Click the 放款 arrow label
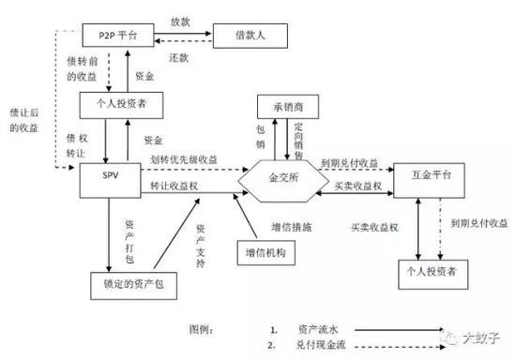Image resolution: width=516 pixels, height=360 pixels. pyautogui.click(x=180, y=21)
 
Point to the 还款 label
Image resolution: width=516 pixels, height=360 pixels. pyautogui.click(x=180, y=56)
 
